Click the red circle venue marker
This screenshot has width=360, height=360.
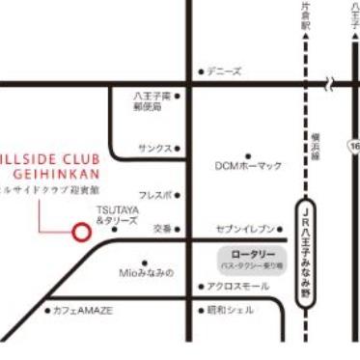pos(81,232)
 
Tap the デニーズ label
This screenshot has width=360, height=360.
pos(225,70)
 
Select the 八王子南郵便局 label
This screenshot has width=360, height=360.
pos(153,102)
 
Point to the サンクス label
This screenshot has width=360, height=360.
pos(154,149)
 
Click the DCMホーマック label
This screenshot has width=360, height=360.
pos(248,166)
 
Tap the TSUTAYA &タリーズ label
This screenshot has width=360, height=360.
pos(117,215)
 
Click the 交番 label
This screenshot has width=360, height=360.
pos(161,229)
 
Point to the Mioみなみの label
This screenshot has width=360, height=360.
pos(147,273)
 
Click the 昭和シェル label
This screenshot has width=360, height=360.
pos(232,310)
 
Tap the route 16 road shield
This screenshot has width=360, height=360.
pos(354,146)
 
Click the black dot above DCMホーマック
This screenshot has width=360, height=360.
pos(248,154)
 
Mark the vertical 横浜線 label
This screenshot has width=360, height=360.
pos(316,149)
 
